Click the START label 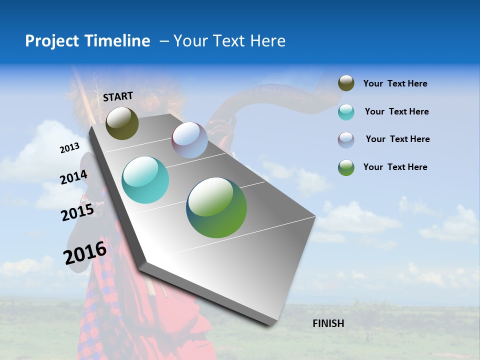point(118,96)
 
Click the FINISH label point(328,323)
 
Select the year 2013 point(69,148)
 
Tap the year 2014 point(73,177)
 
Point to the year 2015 point(77,212)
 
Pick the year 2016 point(85,253)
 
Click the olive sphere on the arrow point(122,123)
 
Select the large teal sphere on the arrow point(145,180)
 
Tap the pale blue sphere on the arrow point(189,140)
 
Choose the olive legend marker point(346,83)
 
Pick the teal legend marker point(346,112)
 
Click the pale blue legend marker point(346,140)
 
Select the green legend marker point(346,167)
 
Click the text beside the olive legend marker point(395,83)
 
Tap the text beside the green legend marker point(395,167)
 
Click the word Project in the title point(52,41)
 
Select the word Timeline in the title point(118,41)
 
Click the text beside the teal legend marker point(396,111)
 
